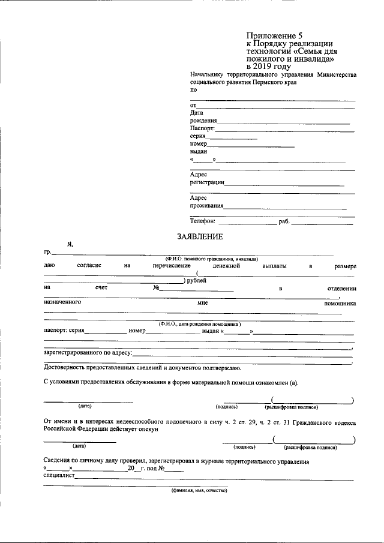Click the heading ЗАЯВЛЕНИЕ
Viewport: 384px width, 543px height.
pos(200,236)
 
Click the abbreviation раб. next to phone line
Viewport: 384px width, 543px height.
pos(284,222)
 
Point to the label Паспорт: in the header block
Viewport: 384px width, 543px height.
pos(202,128)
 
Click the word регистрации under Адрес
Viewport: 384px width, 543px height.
pos(207,182)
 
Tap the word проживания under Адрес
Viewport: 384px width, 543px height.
pos(207,205)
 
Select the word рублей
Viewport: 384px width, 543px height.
pos(196,280)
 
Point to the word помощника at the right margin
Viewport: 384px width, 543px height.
pos(340,303)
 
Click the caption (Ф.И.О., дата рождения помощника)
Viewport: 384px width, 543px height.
pos(200,323)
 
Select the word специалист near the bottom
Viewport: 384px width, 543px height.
pos(59,475)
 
